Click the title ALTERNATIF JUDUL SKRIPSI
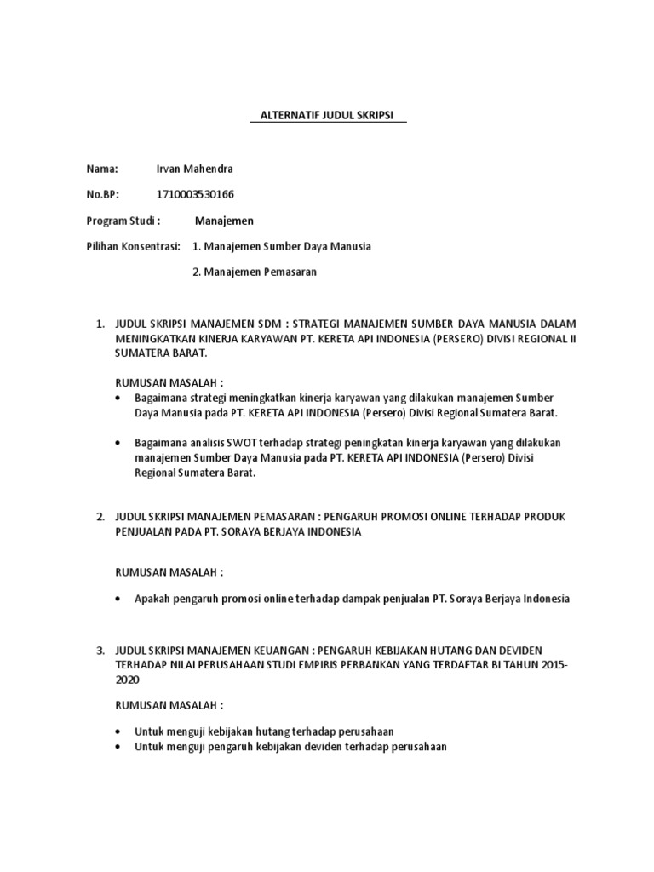click(328, 116)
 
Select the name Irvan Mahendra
click(195, 169)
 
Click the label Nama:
click(102, 169)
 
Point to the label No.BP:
click(103, 194)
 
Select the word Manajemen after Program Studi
click(224, 221)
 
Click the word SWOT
click(230, 443)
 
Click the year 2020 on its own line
click(126, 680)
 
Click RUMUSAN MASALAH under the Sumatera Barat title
click(169, 382)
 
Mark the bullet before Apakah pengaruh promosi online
click(118, 599)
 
